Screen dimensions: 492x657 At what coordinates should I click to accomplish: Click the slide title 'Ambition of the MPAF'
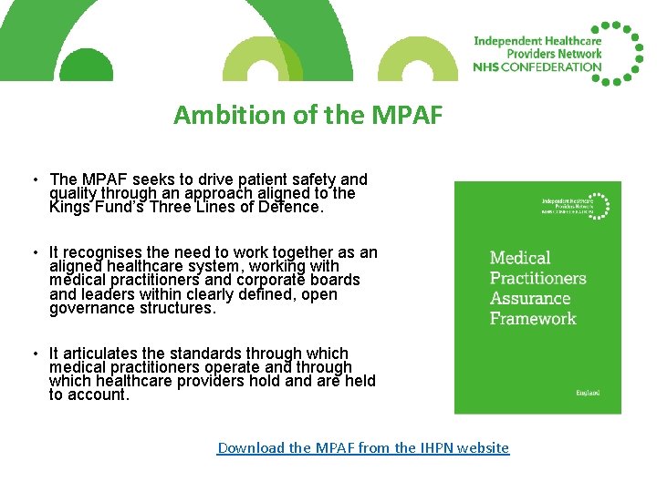(308, 116)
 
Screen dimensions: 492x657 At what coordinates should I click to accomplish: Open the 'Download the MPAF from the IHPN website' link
(363, 447)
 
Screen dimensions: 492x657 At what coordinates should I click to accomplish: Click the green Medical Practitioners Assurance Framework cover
(537, 297)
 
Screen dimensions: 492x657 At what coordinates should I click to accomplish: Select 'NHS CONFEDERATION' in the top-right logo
(537, 67)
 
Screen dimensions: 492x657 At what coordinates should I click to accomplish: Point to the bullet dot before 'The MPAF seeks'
(32, 179)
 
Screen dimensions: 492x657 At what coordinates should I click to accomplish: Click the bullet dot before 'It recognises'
(32, 252)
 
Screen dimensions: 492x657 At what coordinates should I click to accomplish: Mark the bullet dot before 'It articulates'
(32, 354)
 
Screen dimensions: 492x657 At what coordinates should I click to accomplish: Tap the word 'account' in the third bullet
(97, 395)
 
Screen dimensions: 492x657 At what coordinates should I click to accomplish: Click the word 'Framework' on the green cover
(533, 318)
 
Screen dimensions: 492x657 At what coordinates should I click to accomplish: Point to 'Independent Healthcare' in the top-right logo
(537, 41)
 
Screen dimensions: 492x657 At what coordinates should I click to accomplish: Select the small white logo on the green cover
(574, 204)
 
